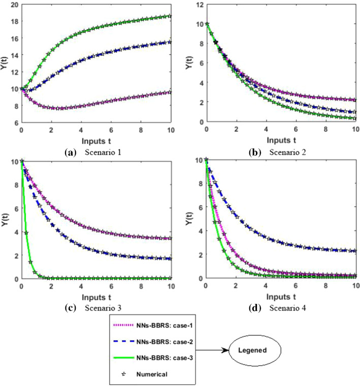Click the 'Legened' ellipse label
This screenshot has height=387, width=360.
tap(253, 350)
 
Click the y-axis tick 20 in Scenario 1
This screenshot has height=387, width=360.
tap(14, 5)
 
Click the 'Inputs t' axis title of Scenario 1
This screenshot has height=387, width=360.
tap(96, 139)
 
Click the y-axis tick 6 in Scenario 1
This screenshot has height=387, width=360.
tap(16, 122)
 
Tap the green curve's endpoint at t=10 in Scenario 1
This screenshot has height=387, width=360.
tap(171, 16)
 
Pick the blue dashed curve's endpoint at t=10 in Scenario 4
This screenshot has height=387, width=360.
tap(355, 251)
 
